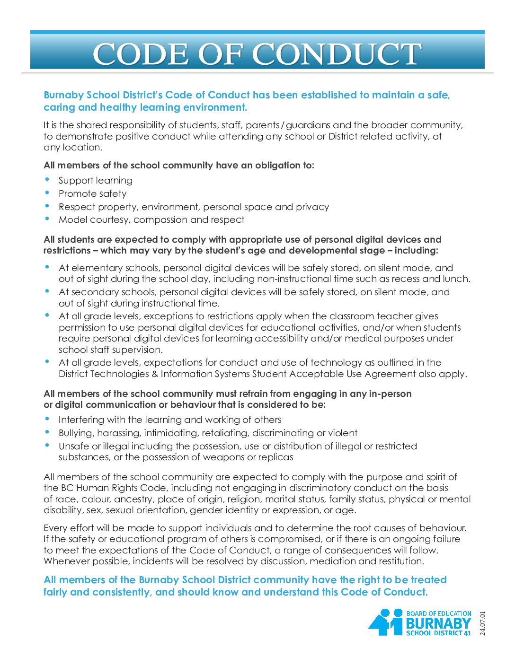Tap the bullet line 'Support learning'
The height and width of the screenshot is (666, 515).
(x=96, y=180)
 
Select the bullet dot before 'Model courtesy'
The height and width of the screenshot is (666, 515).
(x=47, y=218)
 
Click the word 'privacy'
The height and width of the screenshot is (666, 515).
(x=312, y=207)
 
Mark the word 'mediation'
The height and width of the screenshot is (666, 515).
(x=333, y=561)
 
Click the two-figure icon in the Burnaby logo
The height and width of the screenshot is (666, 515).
(x=386, y=622)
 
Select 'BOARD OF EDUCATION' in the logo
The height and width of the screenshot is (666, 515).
(x=439, y=613)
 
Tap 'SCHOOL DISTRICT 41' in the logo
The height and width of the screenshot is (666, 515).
(x=438, y=633)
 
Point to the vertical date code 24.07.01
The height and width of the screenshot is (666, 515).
(x=482, y=623)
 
